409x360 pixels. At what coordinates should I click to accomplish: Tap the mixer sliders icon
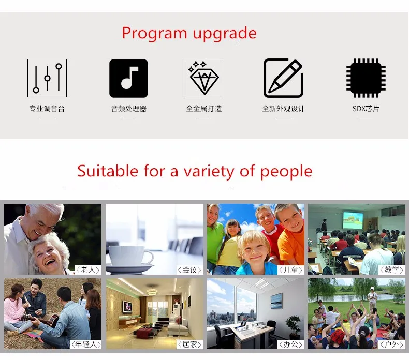click(x=47, y=78)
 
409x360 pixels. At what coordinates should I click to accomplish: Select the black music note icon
click(x=128, y=78)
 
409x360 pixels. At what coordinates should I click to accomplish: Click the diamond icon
click(x=203, y=78)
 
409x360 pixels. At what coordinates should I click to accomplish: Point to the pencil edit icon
click(x=283, y=78)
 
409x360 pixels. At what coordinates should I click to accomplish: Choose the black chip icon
click(x=366, y=78)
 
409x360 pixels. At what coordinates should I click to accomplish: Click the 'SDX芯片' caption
click(x=366, y=109)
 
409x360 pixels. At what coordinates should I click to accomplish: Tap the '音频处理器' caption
click(x=129, y=109)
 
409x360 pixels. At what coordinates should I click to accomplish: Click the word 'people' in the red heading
click(x=286, y=172)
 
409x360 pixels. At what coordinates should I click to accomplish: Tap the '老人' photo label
click(x=88, y=270)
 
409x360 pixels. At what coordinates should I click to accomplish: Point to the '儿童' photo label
click(x=290, y=270)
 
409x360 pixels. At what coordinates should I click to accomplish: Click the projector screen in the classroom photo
click(x=353, y=220)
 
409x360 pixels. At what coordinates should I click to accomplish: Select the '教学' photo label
click(x=392, y=270)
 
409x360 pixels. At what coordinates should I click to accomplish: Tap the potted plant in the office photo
click(x=293, y=325)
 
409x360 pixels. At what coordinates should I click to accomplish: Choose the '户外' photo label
click(x=392, y=344)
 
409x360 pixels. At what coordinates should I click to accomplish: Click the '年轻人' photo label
click(x=86, y=344)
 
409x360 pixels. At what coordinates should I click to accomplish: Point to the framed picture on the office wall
click(x=276, y=301)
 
